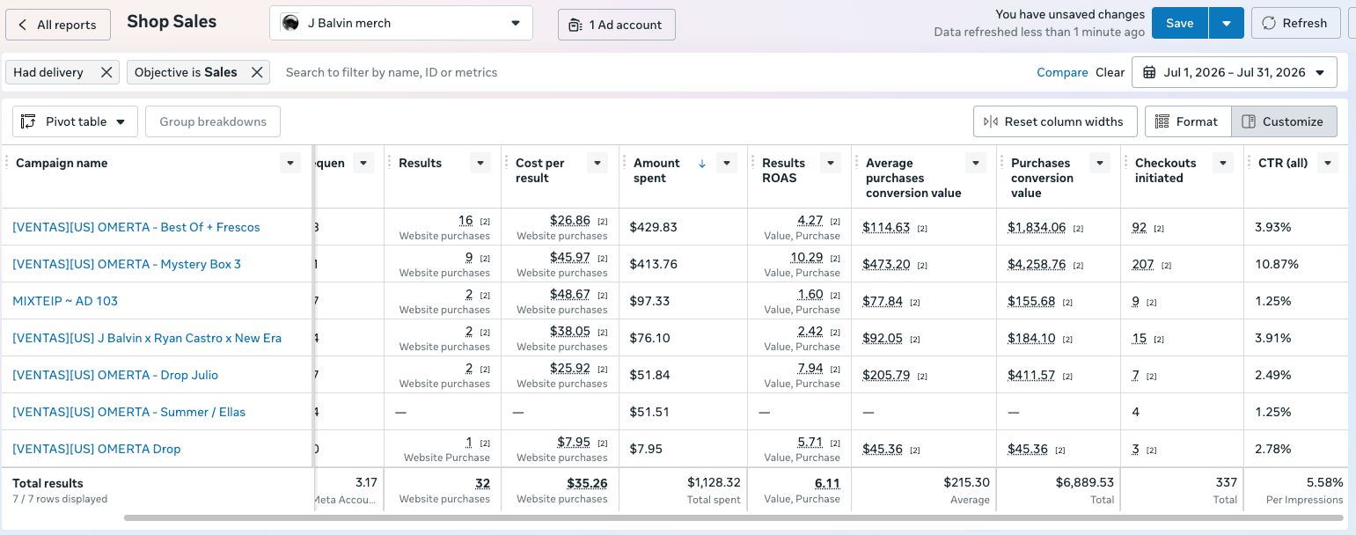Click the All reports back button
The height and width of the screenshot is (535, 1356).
[x=58, y=25]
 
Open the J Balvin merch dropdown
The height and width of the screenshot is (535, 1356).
[x=400, y=23]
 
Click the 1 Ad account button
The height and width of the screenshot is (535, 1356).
[x=616, y=25]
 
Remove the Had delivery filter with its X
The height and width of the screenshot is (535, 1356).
[x=106, y=73]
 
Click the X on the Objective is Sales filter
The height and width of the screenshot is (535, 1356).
[x=257, y=73]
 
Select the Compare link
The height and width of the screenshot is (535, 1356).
[x=1062, y=73]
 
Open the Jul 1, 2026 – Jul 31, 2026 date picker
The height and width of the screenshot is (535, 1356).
[x=1234, y=73]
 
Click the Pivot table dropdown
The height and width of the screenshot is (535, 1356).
[x=75, y=121]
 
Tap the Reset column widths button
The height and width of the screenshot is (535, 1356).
[x=1055, y=121]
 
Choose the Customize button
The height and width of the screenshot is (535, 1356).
[x=1284, y=121]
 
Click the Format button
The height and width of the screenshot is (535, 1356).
[x=1188, y=121]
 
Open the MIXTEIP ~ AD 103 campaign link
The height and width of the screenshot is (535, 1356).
[x=65, y=301]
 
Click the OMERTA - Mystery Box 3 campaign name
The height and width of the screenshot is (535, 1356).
[x=127, y=264]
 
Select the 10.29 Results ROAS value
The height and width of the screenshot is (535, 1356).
[x=806, y=257]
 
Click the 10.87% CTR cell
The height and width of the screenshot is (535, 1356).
[x=1277, y=264]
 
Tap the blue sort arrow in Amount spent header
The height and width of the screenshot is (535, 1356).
[x=702, y=164]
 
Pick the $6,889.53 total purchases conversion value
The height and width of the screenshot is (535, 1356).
[x=1084, y=482]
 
